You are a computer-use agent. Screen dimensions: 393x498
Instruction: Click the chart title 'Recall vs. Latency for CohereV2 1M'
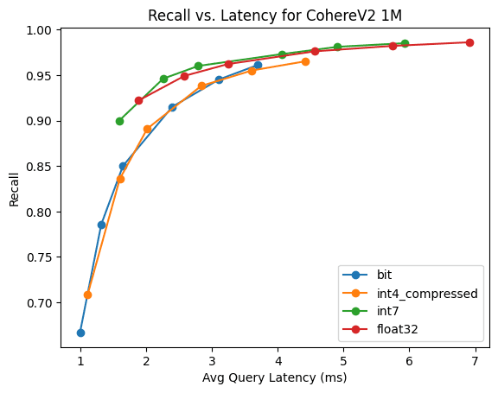point(276,15)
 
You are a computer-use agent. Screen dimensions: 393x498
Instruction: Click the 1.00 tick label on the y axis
point(41,30)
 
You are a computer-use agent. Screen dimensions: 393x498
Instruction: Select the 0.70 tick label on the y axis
point(41,303)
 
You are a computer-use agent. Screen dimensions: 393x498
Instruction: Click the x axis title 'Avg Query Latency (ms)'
point(276,377)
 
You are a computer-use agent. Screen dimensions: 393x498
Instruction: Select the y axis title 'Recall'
point(14,187)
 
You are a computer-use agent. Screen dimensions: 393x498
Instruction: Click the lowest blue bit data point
point(80,333)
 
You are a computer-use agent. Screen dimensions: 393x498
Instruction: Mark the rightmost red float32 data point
point(469,42)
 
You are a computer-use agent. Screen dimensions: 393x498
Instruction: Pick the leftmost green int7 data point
point(119,121)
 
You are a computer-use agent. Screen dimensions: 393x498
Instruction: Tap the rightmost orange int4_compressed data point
point(305,61)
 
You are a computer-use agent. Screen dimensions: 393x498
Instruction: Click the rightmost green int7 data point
point(405,43)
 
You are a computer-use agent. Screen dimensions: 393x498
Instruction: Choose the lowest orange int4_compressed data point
point(87,295)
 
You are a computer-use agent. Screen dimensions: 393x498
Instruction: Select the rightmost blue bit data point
point(258,65)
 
